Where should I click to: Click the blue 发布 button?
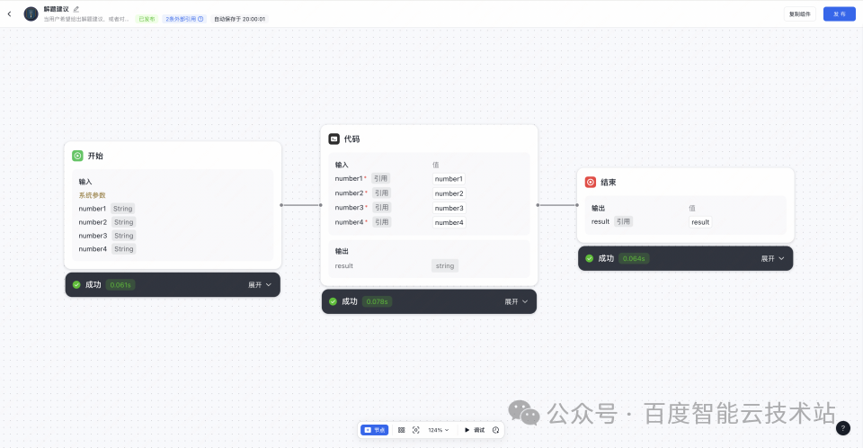pyautogui.click(x=839, y=13)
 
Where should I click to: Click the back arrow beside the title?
pyautogui.click(x=9, y=13)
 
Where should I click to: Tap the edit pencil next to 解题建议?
pyautogui.click(x=76, y=9)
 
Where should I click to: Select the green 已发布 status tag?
pyautogui.click(x=146, y=19)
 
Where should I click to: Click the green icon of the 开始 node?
pyautogui.click(x=77, y=156)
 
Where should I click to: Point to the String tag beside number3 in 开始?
pyautogui.click(x=123, y=236)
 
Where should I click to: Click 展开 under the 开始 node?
pyautogui.click(x=260, y=284)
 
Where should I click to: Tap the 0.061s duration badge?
pyautogui.click(x=120, y=284)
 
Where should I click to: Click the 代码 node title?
pyautogui.click(x=351, y=139)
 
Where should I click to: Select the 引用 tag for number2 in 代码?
pyautogui.click(x=381, y=193)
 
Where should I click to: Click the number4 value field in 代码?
pyautogui.click(x=449, y=222)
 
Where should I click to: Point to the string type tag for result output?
pyautogui.click(x=444, y=265)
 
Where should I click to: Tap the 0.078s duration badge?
pyautogui.click(x=377, y=301)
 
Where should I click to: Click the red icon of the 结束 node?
pyautogui.click(x=591, y=182)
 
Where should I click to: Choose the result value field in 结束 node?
pyautogui.click(x=699, y=221)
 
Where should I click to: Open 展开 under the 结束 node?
pyautogui.click(x=772, y=258)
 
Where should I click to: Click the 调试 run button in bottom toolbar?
pyautogui.click(x=474, y=430)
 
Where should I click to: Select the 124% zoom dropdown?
pyautogui.click(x=439, y=430)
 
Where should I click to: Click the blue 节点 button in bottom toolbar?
pyautogui.click(x=375, y=430)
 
